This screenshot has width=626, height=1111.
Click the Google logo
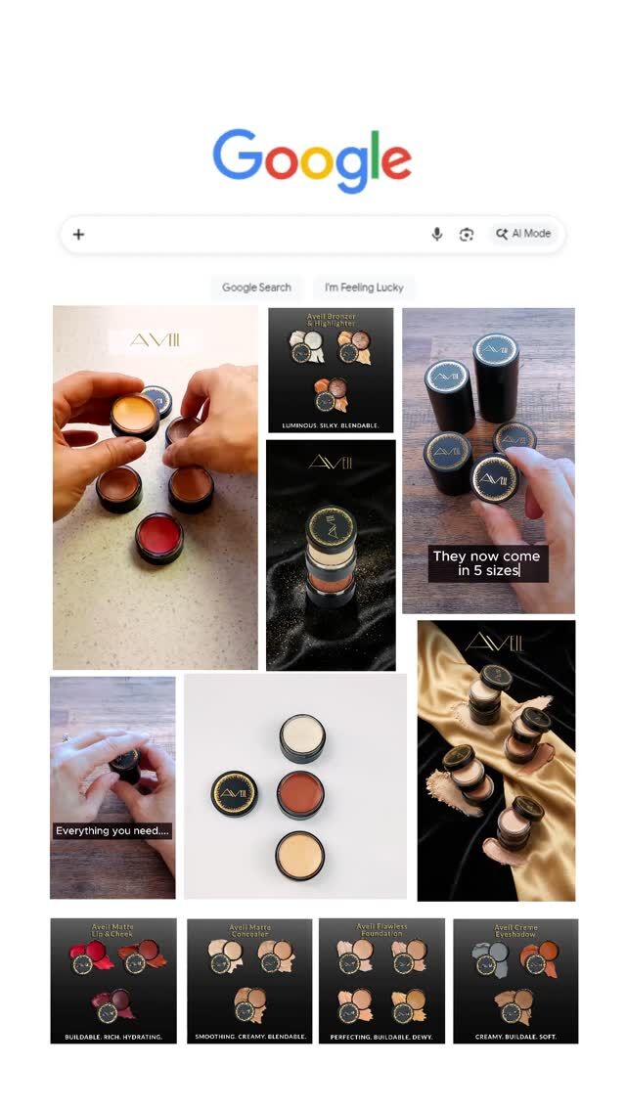click(x=312, y=160)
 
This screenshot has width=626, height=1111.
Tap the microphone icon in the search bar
click(x=437, y=234)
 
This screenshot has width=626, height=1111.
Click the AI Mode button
click(x=524, y=234)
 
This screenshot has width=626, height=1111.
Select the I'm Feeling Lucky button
click(x=364, y=288)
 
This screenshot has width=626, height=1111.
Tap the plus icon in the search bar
click(x=79, y=234)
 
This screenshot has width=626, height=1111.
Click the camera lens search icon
click(x=467, y=234)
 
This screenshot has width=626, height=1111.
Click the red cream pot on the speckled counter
click(x=159, y=537)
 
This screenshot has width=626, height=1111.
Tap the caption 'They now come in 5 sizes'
click(x=487, y=563)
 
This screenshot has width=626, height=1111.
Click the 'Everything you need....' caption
click(x=112, y=830)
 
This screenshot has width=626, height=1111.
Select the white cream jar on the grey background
click(x=302, y=737)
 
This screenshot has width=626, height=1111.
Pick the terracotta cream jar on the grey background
click(x=300, y=793)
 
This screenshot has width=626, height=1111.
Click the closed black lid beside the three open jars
click(x=235, y=792)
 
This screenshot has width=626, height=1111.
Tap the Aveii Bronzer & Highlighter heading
click(x=331, y=321)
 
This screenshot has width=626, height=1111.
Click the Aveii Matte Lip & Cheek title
click(x=113, y=929)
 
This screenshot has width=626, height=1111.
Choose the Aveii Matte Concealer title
click(x=250, y=929)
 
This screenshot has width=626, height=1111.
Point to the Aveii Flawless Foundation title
click(x=381, y=929)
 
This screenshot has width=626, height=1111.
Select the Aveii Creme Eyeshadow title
click(x=515, y=928)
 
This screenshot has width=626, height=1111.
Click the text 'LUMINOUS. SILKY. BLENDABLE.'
click(x=331, y=425)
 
